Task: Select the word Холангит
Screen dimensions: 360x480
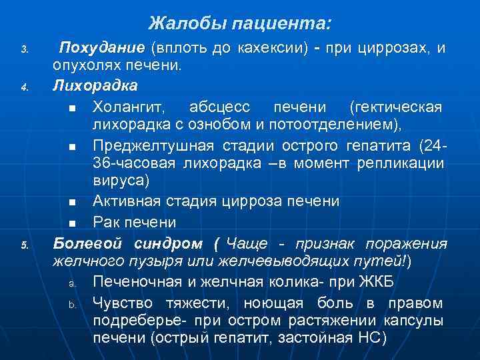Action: [131, 107]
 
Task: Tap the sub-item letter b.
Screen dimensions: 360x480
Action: [71, 305]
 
